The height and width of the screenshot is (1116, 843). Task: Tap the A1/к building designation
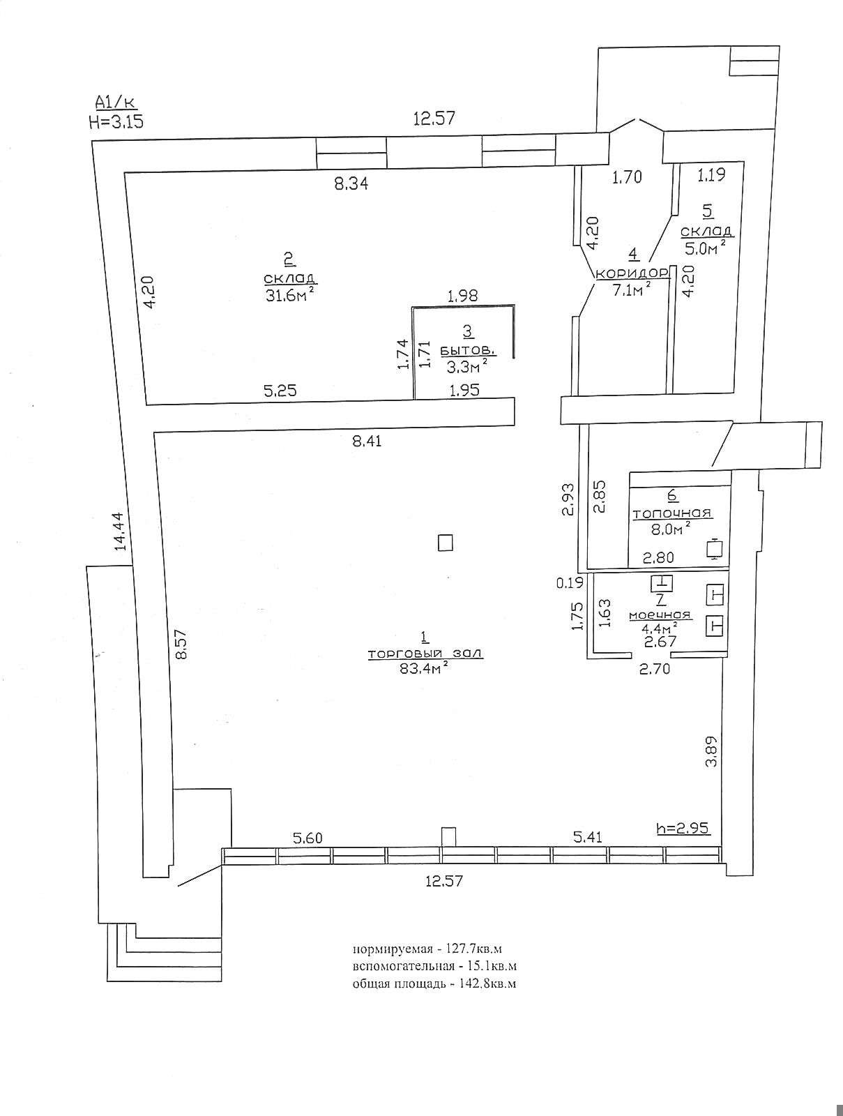pos(115,103)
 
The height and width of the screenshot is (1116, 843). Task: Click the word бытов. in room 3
pos(468,350)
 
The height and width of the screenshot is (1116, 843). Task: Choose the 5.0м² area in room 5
pos(703,248)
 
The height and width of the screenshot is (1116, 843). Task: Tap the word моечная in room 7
pos(660,614)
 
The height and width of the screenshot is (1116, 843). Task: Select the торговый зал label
pos(425,654)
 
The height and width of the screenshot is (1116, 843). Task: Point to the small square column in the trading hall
pos(445,543)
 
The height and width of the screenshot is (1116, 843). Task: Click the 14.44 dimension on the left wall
pos(120,531)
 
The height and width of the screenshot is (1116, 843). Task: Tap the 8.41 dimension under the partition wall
pos(365,442)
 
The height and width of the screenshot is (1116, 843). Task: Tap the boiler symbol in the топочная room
pos(715,549)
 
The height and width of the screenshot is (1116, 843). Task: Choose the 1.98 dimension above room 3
pos(462,296)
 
